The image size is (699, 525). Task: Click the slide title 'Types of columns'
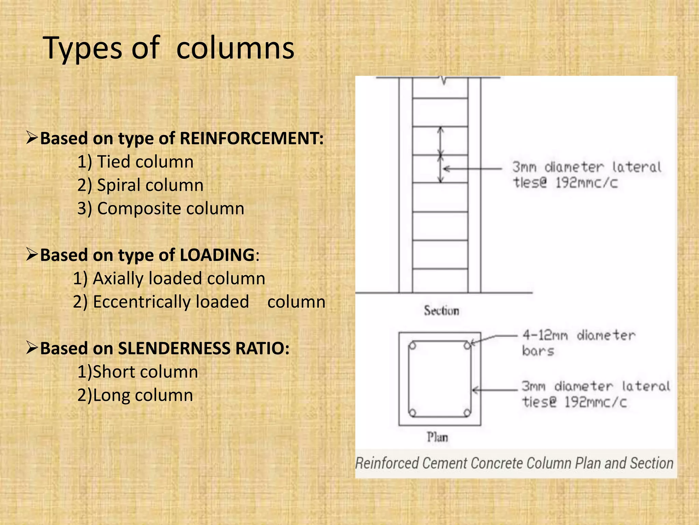pos(169,48)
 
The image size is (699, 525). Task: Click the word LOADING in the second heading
pos(217,255)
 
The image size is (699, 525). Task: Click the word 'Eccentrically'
pos(171,302)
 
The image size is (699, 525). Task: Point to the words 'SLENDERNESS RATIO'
pos(203,348)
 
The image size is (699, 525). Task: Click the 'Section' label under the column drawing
pos(441,311)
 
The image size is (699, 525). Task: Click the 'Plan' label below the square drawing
pos(437,437)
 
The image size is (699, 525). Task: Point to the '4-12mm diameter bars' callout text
pos(579,343)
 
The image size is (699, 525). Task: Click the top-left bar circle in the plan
pos(412,346)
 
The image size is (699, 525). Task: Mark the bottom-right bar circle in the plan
pos(467,413)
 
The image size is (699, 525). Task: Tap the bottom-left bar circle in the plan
pos(412,413)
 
